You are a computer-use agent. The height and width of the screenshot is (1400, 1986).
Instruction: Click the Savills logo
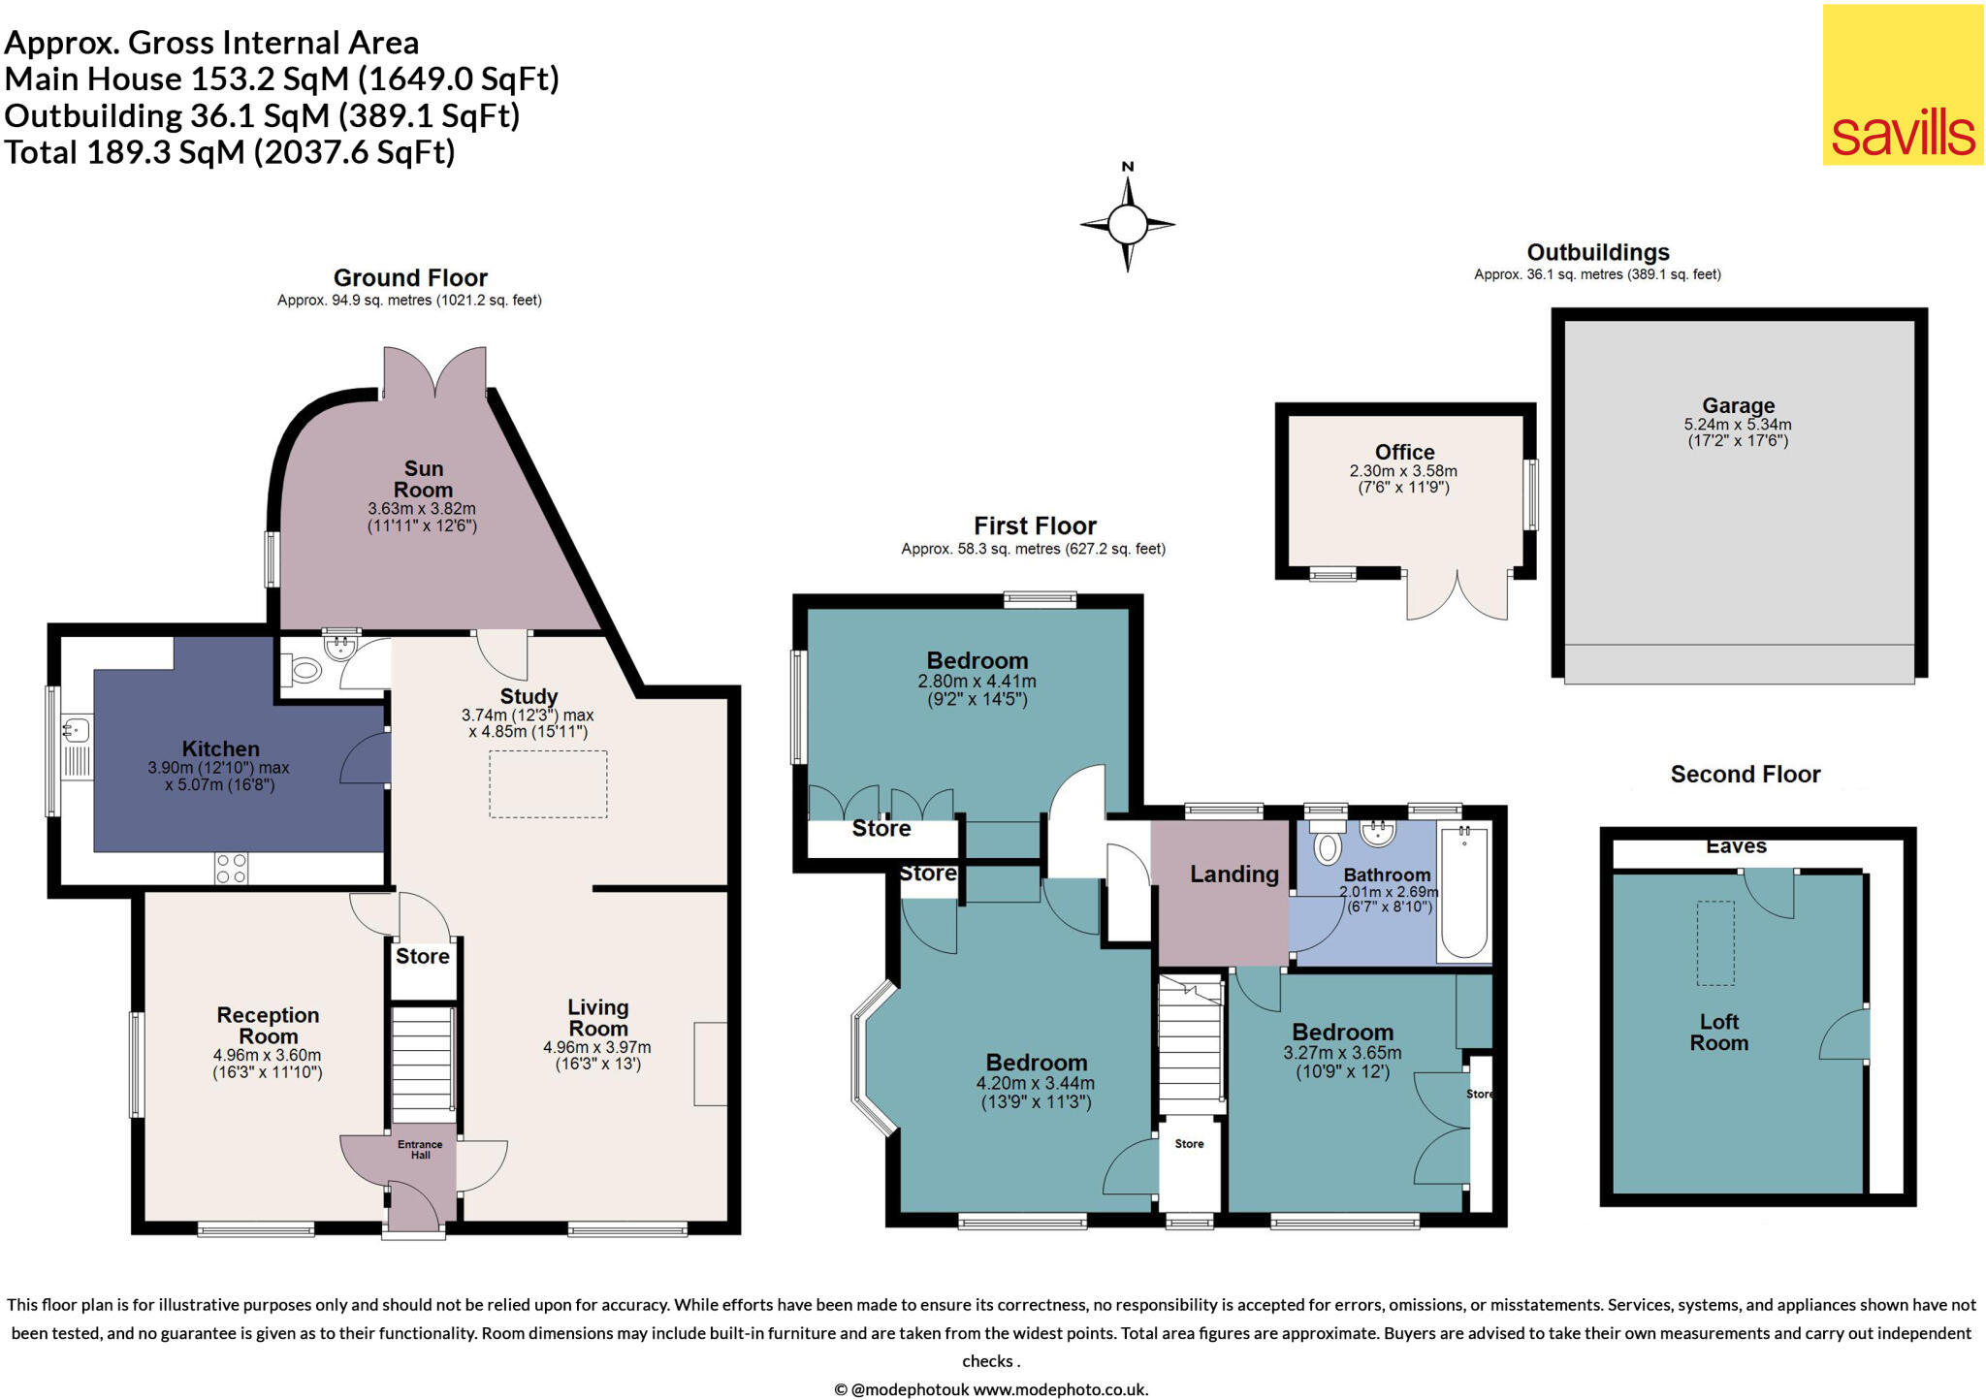pos(1903,84)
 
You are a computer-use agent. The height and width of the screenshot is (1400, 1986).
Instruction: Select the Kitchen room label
pos(221,748)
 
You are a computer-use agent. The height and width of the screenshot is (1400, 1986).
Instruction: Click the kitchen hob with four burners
pos(232,869)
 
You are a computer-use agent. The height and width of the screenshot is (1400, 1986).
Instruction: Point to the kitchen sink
pos(77,727)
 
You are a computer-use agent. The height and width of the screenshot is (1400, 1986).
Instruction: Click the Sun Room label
pos(423,479)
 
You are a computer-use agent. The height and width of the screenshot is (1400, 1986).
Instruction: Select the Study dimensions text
pos(528,723)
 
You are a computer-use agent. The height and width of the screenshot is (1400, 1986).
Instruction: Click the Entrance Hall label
pos(420,1150)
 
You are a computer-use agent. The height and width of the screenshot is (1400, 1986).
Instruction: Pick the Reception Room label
pos(268,1026)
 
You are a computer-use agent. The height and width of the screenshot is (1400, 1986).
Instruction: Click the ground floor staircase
pos(423,1064)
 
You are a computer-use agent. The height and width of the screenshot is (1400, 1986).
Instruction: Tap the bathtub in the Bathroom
pos(1464,891)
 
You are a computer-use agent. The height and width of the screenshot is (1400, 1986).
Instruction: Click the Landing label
pos(1234,874)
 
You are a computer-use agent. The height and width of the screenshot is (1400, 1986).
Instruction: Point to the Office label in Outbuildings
pos(1405,452)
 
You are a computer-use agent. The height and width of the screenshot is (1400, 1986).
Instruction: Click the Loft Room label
pos(1719,1033)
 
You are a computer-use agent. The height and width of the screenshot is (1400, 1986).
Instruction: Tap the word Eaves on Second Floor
pos(1736,846)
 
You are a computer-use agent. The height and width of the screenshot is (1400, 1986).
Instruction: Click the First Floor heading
pos(1035,525)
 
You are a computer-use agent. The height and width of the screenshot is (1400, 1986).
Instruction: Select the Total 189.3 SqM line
pos(230,152)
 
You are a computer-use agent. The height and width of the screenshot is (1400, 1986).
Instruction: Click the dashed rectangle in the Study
pos(548,784)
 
